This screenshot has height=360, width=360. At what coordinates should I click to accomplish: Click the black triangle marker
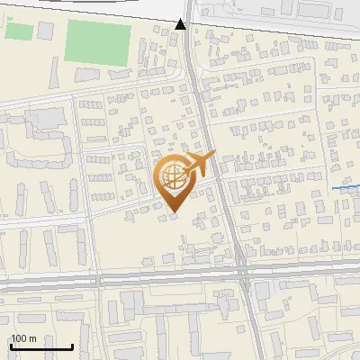pyautogui.click(x=181, y=24)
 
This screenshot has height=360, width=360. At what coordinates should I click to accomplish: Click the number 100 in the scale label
pyautogui.click(x=19, y=338)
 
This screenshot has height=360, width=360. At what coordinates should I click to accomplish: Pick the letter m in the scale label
pyautogui.click(x=32, y=338)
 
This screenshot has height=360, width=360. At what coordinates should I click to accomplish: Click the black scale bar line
pyautogui.click(x=41, y=347)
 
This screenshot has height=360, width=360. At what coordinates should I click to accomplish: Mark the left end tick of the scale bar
pyautogui.click(x=12, y=346)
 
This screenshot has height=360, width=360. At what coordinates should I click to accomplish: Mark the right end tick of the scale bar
pyautogui.click(x=72, y=346)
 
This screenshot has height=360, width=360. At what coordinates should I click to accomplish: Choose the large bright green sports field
pyautogui.click(x=98, y=41)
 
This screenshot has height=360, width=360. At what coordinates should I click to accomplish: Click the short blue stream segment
pyautogui.click(x=346, y=187)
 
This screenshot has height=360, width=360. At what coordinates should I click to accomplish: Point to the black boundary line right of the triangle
pyautogui.click(x=270, y=20)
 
